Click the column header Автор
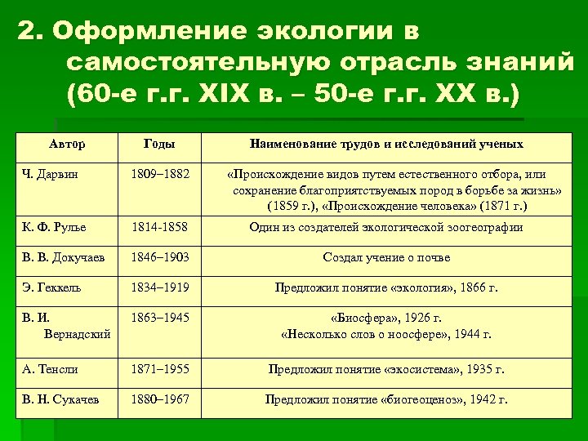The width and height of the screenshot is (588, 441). (66, 145)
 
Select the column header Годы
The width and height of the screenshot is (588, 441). (158, 145)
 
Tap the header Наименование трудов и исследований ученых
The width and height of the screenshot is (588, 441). (386, 145)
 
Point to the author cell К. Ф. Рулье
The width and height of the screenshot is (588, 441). (55, 227)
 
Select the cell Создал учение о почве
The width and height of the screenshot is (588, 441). (386, 257)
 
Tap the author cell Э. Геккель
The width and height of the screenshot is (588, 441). (52, 287)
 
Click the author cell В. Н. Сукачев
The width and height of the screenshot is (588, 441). (60, 400)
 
